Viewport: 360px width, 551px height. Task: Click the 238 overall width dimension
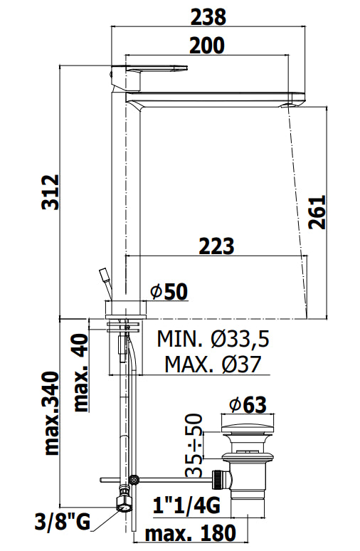(x=208, y=17)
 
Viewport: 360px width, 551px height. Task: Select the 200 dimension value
(x=207, y=46)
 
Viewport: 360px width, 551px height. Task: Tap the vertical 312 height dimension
(x=51, y=192)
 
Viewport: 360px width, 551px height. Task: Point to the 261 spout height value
(x=317, y=212)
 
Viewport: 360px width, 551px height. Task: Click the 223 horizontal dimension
(x=216, y=246)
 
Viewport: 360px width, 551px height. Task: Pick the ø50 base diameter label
(x=169, y=292)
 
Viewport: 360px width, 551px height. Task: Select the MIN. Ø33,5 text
(x=213, y=339)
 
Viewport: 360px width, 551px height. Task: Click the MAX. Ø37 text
(x=213, y=364)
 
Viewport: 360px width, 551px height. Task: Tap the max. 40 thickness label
(x=81, y=372)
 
